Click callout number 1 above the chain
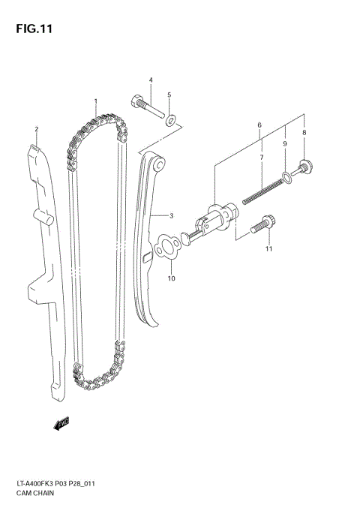(x=96, y=101)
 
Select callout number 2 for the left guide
(x=35, y=129)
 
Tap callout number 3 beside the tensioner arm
(x=150, y=80)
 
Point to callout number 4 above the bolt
(x=169, y=95)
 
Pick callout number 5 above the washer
(x=259, y=125)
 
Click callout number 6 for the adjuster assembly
(x=261, y=158)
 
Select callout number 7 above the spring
(x=304, y=132)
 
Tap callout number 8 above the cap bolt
(x=285, y=143)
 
